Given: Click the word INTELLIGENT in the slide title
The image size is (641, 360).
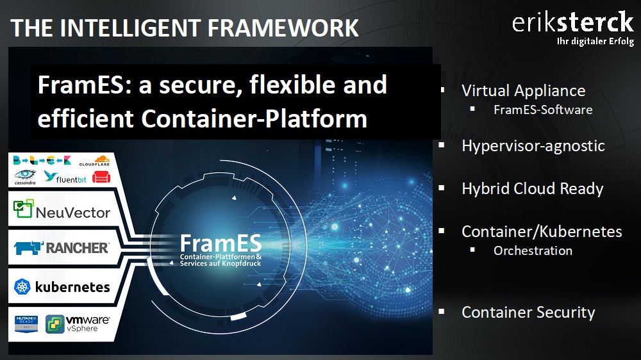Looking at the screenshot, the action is pyautogui.click(x=131, y=28).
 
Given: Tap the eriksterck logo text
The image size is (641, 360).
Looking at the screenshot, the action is pyautogui.click(x=572, y=22).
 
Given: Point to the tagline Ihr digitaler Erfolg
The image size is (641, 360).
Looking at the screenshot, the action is pyautogui.click(x=595, y=41).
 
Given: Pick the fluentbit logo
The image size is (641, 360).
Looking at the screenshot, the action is pyautogui.click(x=65, y=177).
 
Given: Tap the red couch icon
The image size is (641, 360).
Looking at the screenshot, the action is pyautogui.click(x=101, y=177).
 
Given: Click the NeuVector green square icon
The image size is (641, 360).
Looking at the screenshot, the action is pyautogui.click(x=23, y=208).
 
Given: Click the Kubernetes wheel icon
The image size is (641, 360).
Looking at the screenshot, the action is pyautogui.click(x=22, y=286).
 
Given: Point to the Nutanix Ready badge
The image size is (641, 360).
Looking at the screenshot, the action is pyautogui.click(x=26, y=323).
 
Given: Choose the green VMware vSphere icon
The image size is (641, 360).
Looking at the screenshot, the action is pyautogui.click(x=54, y=324).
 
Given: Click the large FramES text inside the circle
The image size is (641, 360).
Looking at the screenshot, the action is pyautogui.click(x=221, y=243).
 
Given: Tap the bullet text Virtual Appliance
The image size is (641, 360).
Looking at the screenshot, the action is pyautogui.click(x=523, y=91).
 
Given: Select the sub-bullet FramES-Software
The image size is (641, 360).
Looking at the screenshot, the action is pyautogui.click(x=543, y=110).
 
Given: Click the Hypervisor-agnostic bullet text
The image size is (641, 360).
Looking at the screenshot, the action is pyautogui.click(x=533, y=146).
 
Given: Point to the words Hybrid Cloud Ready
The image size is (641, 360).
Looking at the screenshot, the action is pyautogui.click(x=532, y=189).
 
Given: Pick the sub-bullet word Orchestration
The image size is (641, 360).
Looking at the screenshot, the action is pyautogui.click(x=533, y=250).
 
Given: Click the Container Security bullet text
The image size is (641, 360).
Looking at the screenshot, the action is pyautogui.click(x=528, y=312).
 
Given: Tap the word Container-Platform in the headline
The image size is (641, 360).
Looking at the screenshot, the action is pyautogui.click(x=254, y=119).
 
